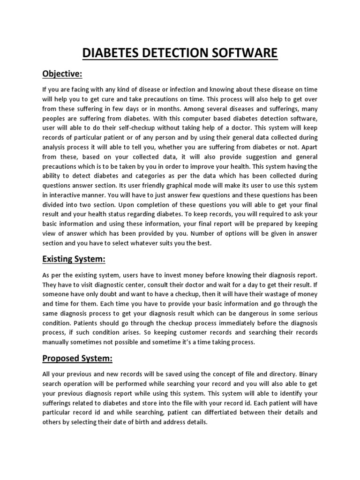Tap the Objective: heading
click(x=62, y=74)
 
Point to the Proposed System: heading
click(x=77, y=359)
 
